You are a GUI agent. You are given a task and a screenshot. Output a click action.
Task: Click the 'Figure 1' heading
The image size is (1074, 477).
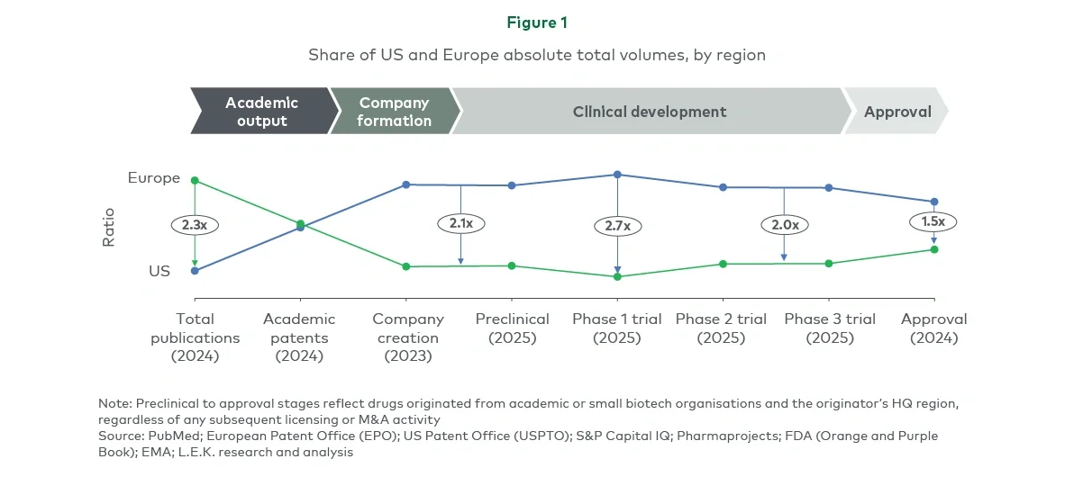[x=537, y=22]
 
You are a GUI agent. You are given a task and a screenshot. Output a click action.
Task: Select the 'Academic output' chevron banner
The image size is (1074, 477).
[x=261, y=112]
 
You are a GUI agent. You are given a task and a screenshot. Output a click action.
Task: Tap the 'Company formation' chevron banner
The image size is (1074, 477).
[x=394, y=112]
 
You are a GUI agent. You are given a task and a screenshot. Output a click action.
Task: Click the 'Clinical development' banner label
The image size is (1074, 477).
[x=649, y=112]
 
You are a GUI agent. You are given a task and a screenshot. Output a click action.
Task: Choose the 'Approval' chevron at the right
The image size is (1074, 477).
[x=897, y=112]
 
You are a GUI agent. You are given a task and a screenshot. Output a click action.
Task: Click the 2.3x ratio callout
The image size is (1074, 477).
[x=195, y=225]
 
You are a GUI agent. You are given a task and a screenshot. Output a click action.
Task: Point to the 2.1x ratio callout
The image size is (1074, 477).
[x=460, y=222]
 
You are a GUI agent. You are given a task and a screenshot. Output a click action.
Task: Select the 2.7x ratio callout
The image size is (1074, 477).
[x=617, y=226]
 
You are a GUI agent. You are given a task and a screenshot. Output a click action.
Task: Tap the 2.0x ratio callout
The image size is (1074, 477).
[x=784, y=224]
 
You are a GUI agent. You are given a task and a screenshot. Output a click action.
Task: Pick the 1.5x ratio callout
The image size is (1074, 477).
[x=933, y=221]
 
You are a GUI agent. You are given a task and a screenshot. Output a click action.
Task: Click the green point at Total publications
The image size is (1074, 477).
[x=195, y=181]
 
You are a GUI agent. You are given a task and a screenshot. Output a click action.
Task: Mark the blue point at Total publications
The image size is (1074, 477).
[x=195, y=270]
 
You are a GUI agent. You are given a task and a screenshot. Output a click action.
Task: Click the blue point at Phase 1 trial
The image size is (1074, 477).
[x=617, y=175]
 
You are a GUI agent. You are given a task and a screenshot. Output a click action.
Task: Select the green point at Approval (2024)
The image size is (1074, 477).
[x=934, y=249]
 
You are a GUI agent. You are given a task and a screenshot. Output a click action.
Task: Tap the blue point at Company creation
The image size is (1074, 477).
[x=406, y=184]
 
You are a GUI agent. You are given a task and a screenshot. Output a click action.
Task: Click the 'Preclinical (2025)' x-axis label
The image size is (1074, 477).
[x=512, y=328]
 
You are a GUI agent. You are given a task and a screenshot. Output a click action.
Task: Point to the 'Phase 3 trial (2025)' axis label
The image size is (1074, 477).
[x=830, y=328]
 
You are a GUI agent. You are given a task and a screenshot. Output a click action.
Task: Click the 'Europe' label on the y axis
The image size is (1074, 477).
[x=154, y=178]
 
